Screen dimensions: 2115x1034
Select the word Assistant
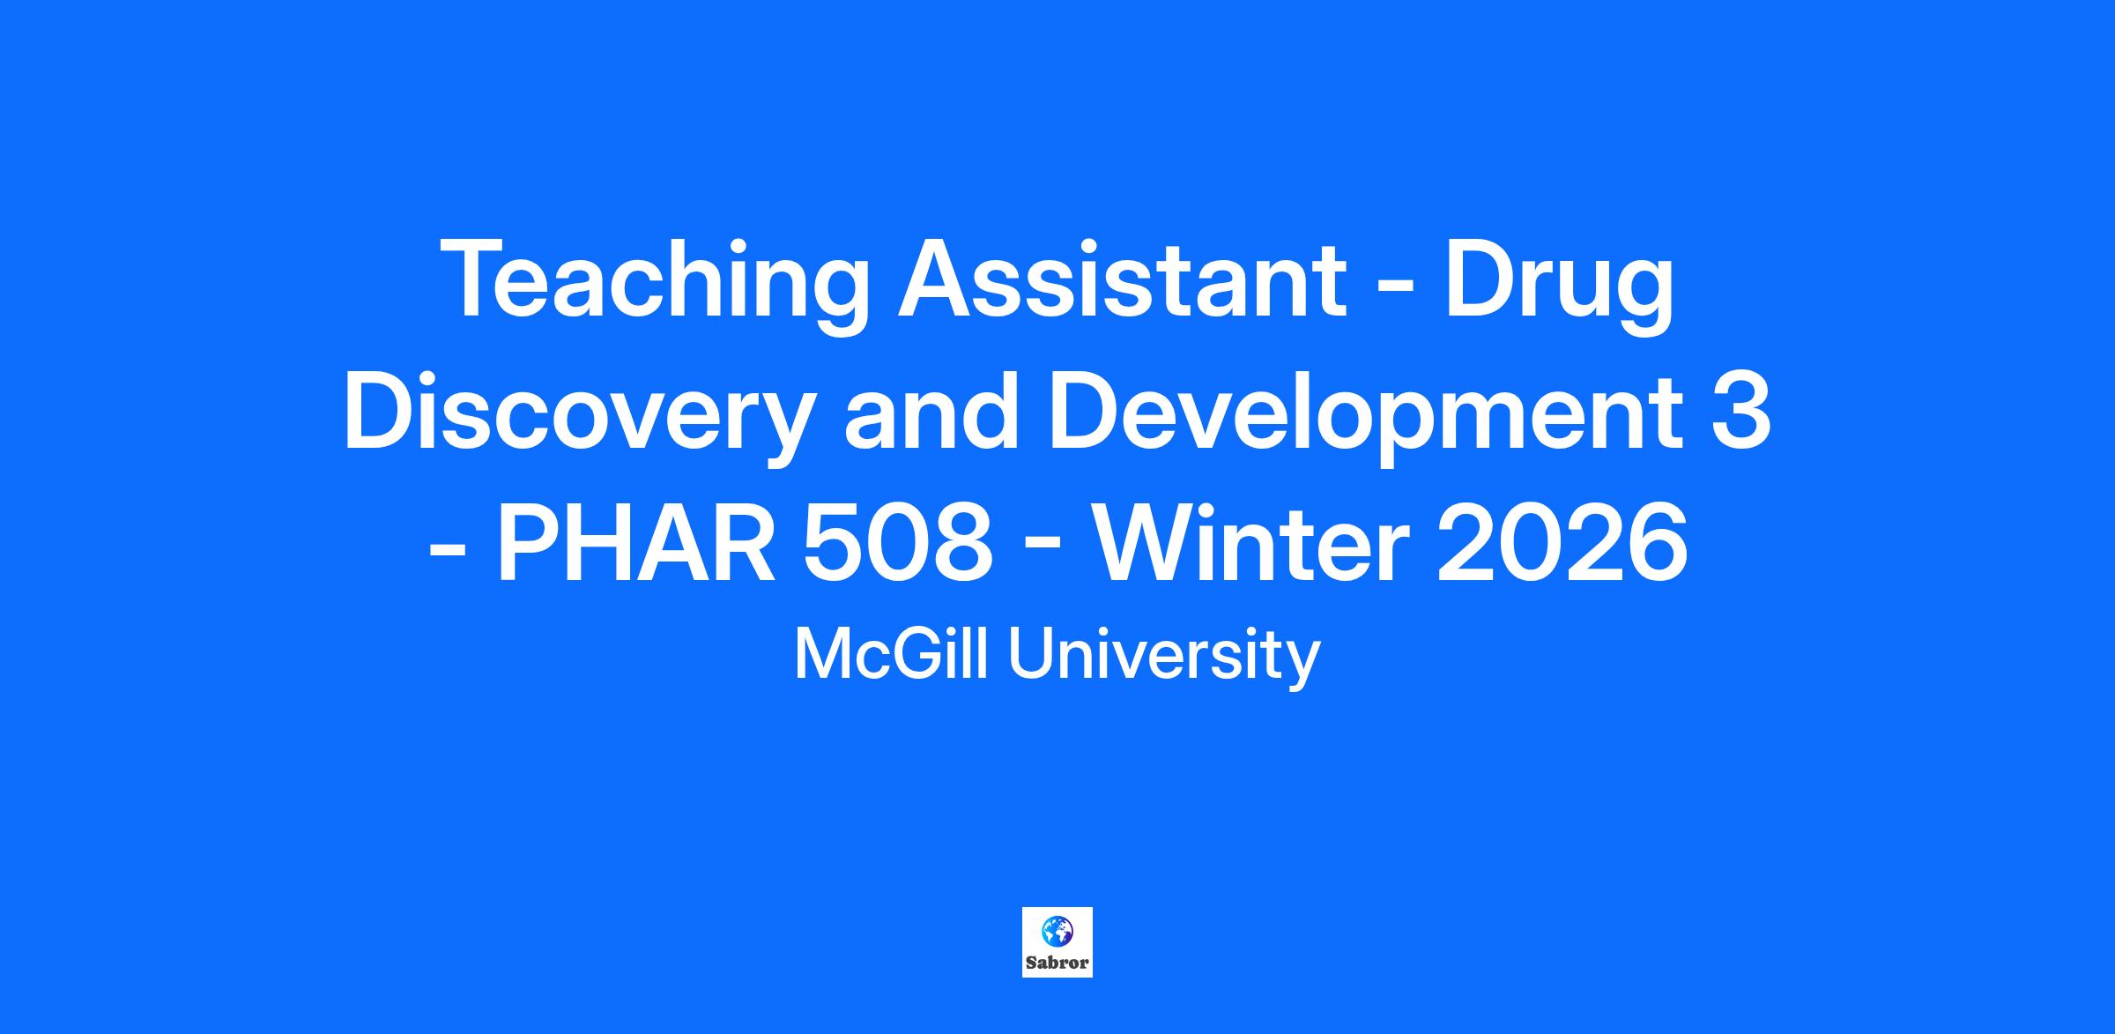click(x=1120, y=279)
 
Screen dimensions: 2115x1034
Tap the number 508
click(x=898, y=543)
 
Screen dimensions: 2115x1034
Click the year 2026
click(x=1562, y=543)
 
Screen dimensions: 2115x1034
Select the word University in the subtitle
click(x=1164, y=657)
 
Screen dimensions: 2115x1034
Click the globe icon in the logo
click(x=1057, y=931)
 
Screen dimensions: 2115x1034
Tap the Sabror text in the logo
click(x=1057, y=963)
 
